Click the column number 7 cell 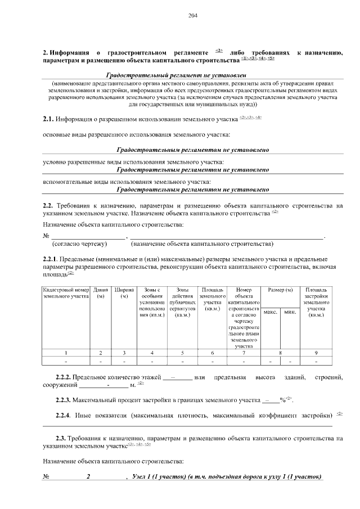244,353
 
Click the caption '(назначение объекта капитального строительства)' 202,245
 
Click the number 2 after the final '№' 88,477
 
